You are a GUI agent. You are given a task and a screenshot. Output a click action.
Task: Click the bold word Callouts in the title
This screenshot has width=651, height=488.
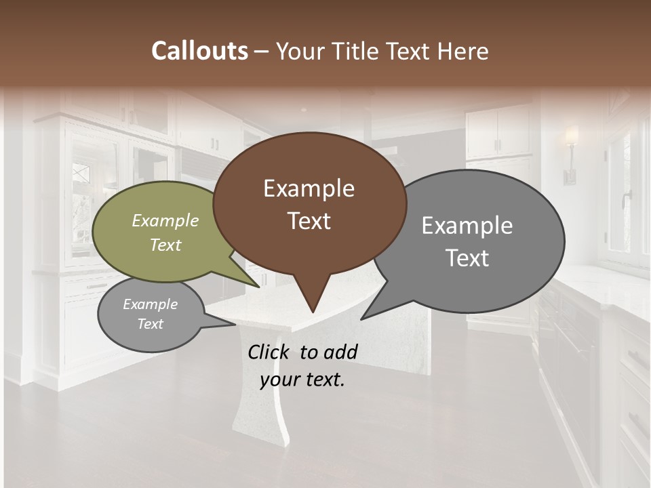(199, 51)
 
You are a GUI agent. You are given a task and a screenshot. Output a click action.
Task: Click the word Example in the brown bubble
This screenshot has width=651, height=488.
(309, 188)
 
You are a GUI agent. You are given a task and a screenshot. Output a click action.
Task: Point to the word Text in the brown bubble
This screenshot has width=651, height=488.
(309, 221)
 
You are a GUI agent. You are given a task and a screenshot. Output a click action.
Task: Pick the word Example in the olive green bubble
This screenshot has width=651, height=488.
(165, 220)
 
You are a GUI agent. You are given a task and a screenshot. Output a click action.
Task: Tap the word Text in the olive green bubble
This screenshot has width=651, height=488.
(165, 245)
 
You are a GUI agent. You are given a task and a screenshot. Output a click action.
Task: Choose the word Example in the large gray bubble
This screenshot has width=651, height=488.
(467, 226)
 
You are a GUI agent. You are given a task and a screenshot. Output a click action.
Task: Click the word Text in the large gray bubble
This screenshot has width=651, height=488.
(467, 258)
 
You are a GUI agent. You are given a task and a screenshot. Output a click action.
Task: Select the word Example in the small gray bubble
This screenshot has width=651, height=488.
(150, 304)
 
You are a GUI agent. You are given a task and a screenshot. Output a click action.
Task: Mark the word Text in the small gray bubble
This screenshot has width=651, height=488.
(150, 324)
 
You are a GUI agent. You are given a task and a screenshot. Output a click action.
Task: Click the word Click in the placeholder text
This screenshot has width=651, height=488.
(270, 352)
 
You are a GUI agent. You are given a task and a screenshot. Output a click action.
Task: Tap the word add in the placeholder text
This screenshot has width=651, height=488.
(341, 352)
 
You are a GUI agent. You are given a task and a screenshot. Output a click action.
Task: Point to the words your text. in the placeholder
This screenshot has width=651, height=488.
(302, 380)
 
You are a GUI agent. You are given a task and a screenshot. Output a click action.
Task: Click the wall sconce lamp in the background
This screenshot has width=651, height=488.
(571, 152)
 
